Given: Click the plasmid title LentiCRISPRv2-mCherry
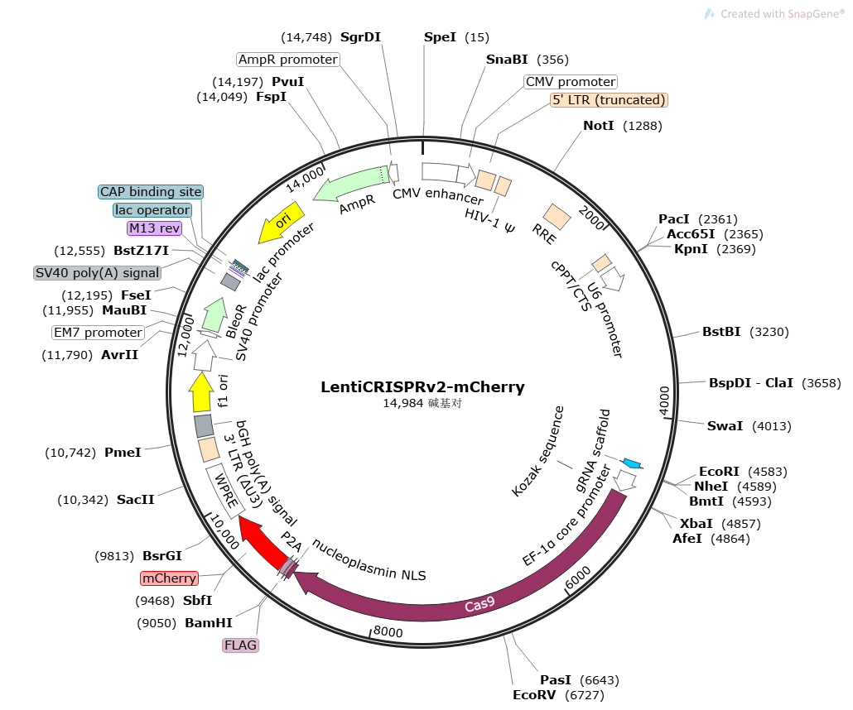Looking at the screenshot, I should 422,386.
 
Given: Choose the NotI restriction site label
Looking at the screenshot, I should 598,126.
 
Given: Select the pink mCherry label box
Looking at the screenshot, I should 169,578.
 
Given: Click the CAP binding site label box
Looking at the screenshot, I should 150,192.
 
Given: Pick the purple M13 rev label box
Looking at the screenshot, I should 159,228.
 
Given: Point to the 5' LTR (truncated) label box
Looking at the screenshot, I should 609,100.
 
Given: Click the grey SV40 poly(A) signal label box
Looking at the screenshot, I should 98,272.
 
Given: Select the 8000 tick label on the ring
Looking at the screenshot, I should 387,632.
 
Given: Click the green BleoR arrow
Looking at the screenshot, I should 214,315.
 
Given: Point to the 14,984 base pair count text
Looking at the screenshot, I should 422,404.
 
